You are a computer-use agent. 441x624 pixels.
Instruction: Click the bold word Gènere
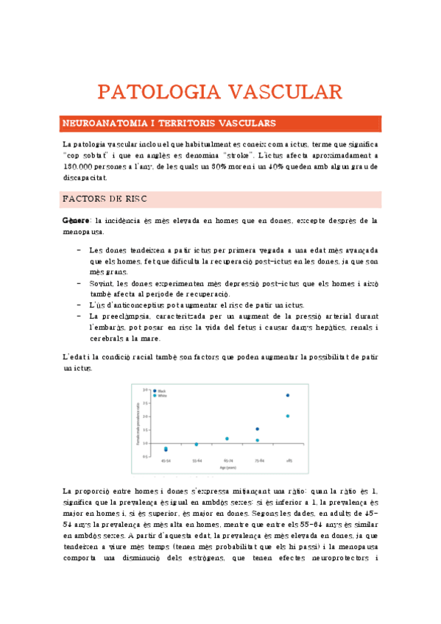click(x=75, y=220)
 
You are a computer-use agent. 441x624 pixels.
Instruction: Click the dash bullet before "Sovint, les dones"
click(x=79, y=283)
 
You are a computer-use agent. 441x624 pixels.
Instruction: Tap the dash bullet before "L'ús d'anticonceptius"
click(x=79, y=305)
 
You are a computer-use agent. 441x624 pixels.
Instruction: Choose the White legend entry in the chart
click(x=161, y=395)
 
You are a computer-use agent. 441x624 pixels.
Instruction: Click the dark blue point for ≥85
click(x=287, y=395)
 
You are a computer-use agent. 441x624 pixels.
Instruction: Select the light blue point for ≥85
click(x=287, y=416)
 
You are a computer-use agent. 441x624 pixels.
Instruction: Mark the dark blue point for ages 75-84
click(x=257, y=429)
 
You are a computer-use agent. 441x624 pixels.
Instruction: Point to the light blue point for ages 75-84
click(x=257, y=440)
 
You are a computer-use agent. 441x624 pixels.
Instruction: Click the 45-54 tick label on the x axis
click(x=166, y=461)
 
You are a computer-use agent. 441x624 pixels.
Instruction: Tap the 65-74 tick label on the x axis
click(x=227, y=461)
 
